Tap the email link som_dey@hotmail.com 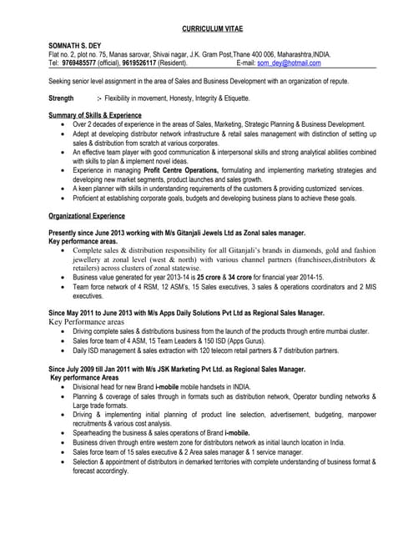pos(289,63)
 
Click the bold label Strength pos(62,98)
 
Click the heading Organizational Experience pos(91,215)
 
